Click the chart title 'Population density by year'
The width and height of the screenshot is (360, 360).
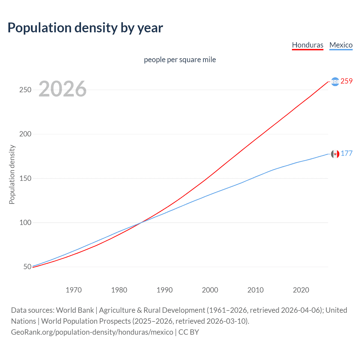tap(85, 28)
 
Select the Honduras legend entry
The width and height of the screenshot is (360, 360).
tap(307, 45)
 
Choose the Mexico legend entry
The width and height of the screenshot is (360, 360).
tap(341, 45)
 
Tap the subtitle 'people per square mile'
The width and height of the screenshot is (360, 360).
tap(180, 60)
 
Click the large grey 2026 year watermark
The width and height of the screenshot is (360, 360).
tap(62, 89)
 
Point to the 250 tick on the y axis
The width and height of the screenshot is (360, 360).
tap(25, 90)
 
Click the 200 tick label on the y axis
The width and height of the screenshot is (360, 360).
tap(25, 134)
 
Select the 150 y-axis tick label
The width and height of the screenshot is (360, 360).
tap(25, 178)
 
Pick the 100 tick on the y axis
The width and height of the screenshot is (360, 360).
tap(25, 222)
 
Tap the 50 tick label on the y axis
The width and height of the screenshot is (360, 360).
tap(27, 267)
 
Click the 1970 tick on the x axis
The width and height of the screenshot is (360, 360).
tap(74, 290)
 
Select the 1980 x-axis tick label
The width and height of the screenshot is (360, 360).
tap(119, 290)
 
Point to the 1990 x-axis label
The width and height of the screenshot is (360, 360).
tap(165, 290)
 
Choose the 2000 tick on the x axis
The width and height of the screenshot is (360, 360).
tap(210, 290)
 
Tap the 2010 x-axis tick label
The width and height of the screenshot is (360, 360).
tap(255, 290)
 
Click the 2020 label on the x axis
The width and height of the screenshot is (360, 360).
tap(301, 290)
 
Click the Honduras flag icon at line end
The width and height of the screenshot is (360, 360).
tap(335, 82)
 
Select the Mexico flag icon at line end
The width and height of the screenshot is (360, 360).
tap(335, 154)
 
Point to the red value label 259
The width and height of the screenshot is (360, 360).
tap(346, 81)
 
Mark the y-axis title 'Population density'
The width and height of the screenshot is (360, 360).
tap(12, 174)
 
